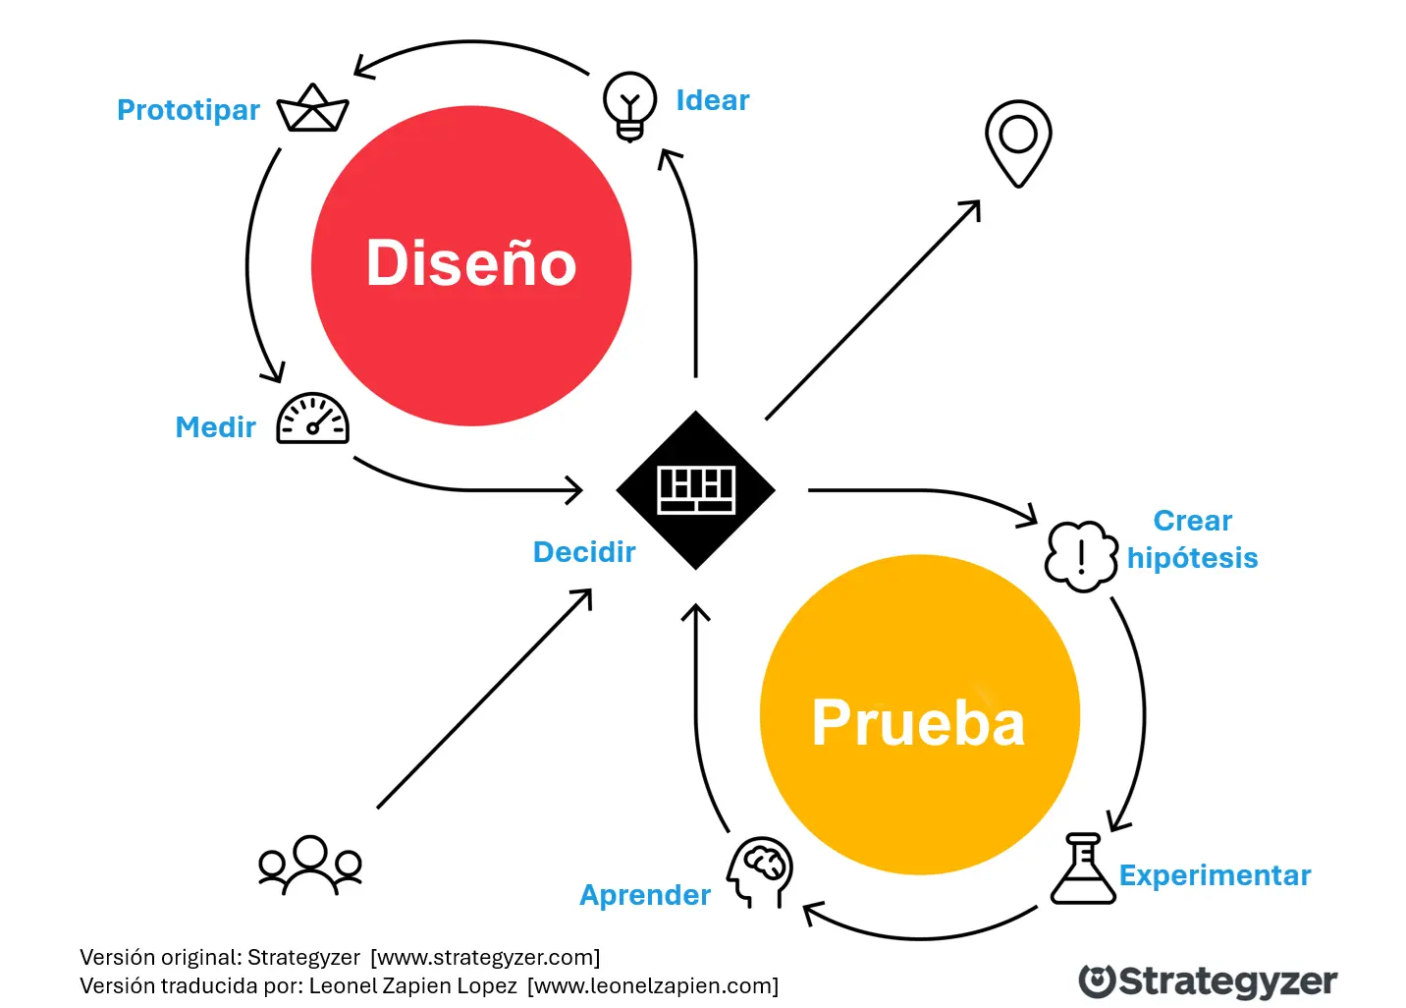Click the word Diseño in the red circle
pos(471,263)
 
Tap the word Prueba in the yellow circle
pos(918,723)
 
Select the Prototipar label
pos(189,110)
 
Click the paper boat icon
pos(313,109)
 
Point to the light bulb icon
pos(629,105)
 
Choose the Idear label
pos(713,100)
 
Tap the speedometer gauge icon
pos(313,420)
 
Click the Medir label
pos(215,427)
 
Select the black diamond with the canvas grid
pos(696,490)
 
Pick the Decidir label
pos(584,552)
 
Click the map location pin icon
pos(1018,141)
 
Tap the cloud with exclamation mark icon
pos(1081,556)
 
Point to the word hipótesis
pos(1192,558)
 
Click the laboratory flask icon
pos(1083,869)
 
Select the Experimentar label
pos(1215,875)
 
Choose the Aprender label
pos(645,895)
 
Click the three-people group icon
pos(310,864)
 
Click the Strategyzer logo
pos(1208,981)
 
